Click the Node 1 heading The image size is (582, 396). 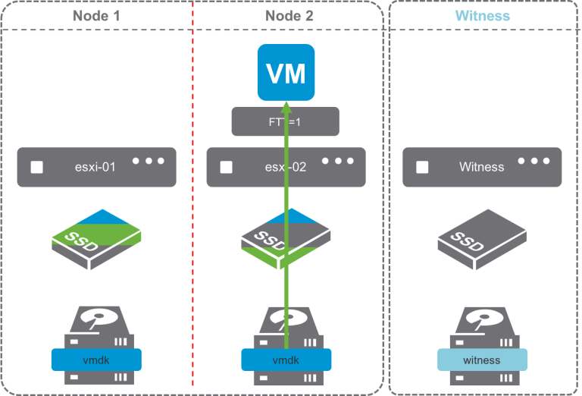coord(96,16)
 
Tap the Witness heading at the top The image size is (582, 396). coord(482,16)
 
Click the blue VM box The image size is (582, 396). coord(286,73)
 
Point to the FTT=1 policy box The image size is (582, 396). coord(284,121)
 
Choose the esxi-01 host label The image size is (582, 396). coord(96,167)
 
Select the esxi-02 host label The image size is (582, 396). coord(285,167)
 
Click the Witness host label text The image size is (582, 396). coord(482,167)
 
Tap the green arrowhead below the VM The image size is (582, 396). coord(286,107)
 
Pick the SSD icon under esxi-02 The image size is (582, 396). coord(286,241)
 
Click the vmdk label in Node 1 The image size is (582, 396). coord(96,360)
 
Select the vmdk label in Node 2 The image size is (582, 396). coord(286,360)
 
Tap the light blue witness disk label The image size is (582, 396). coord(482,360)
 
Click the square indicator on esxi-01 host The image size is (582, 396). coord(36,167)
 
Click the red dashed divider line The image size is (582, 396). coord(194,228)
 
